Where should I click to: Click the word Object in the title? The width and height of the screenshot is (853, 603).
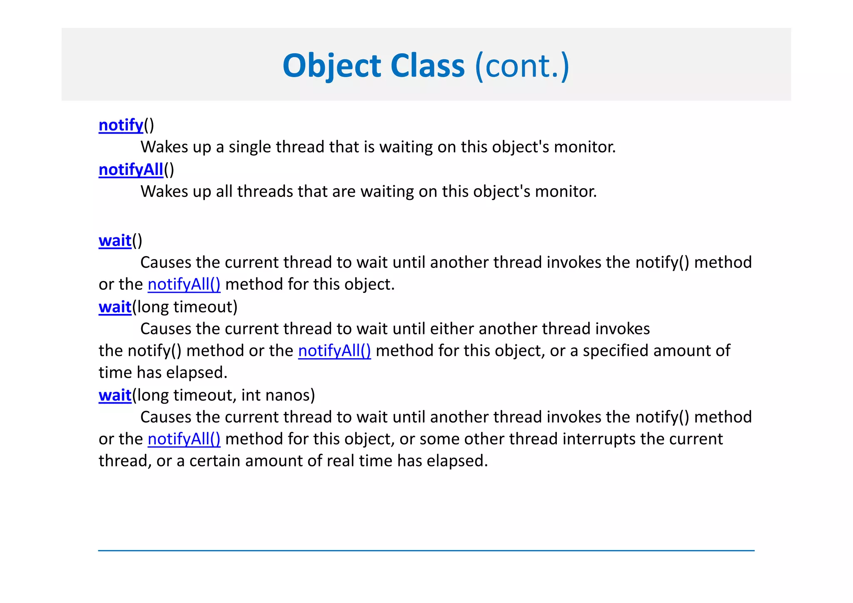coord(332,66)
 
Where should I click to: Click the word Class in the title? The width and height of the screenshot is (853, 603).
coord(427,66)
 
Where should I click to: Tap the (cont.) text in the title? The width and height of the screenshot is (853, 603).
coord(522,66)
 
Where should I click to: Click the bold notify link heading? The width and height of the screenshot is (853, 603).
coord(121,125)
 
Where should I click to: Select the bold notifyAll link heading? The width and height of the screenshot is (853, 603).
coord(131,169)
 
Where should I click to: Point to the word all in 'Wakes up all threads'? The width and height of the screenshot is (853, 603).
coord(224,192)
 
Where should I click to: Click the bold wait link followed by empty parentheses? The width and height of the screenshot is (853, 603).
coord(115,241)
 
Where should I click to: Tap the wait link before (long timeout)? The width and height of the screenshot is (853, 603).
coord(115,307)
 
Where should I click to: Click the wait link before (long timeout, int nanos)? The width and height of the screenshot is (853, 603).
coord(115,395)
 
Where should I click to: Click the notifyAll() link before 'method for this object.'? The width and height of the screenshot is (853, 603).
coord(184,284)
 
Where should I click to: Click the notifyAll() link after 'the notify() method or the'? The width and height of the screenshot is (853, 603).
coord(334,351)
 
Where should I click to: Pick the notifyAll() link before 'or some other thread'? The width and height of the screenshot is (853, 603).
coord(184,439)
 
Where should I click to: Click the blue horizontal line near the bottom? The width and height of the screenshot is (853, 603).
coord(426,551)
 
